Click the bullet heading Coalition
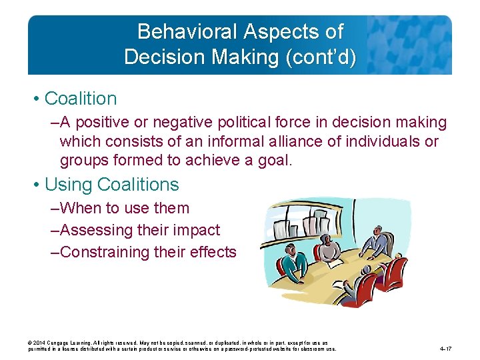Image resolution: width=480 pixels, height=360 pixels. (80, 99)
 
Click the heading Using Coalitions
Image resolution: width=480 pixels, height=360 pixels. (111, 185)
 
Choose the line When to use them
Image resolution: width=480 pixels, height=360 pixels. (124, 208)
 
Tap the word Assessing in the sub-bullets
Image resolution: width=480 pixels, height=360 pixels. (91, 230)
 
